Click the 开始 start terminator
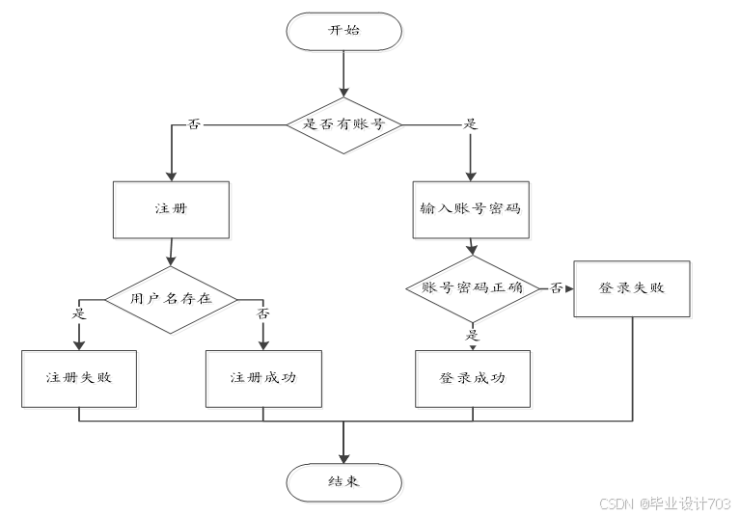[x=344, y=31]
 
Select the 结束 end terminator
[x=344, y=482]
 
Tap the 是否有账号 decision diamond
[x=344, y=125]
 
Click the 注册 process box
[x=172, y=209]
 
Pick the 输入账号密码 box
[x=471, y=209]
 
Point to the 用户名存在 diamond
[x=171, y=300]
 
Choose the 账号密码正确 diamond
[x=473, y=288]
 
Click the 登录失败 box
[x=632, y=288]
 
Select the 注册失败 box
[x=79, y=379]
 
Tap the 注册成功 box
[x=263, y=379]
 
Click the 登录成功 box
[x=473, y=379]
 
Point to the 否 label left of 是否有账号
[x=194, y=124]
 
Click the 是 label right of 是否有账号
[x=470, y=124]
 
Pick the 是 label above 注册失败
[x=79, y=313]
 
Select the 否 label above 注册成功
[x=262, y=313]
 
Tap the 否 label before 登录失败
[x=557, y=287]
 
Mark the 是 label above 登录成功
[x=472, y=336]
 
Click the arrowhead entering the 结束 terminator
[x=344, y=459]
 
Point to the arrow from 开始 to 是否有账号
[x=344, y=73]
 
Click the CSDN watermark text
[x=665, y=503]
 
